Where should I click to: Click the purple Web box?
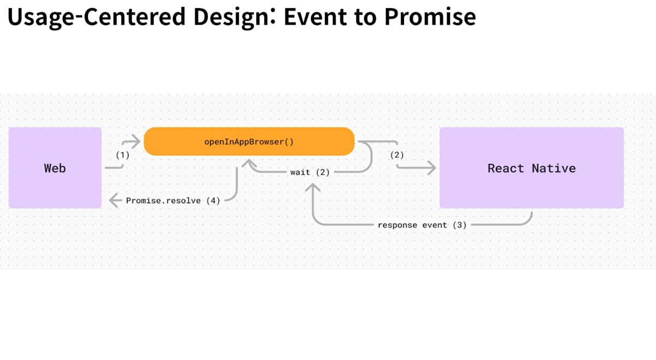(x=55, y=168)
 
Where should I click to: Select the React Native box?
(x=531, y=168)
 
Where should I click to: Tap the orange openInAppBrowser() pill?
(x=249, y=141)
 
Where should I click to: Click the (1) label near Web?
(x=122, y=155)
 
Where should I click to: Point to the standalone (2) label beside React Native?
(x=397, y=155)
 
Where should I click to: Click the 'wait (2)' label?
(x=310, y=172)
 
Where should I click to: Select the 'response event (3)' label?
(x=422, y=225)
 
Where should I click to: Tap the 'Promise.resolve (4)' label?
(x=173, y=200)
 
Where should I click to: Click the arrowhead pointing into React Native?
(x=431, y=168)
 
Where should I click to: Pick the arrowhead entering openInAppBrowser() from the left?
(x=136, y=141)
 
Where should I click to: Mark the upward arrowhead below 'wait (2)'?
(x=313, y=187)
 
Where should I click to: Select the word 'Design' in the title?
(x=231, y=17)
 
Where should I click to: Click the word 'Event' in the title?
(x=315, y=16)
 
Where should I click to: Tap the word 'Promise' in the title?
(x=430, y=16)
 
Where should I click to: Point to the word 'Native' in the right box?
(x=553, y=168)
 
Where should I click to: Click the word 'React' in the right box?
(x=506, y=168)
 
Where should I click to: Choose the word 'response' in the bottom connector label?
(x=397, y=226)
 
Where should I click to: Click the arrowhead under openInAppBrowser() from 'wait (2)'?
(x=249, y=163)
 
